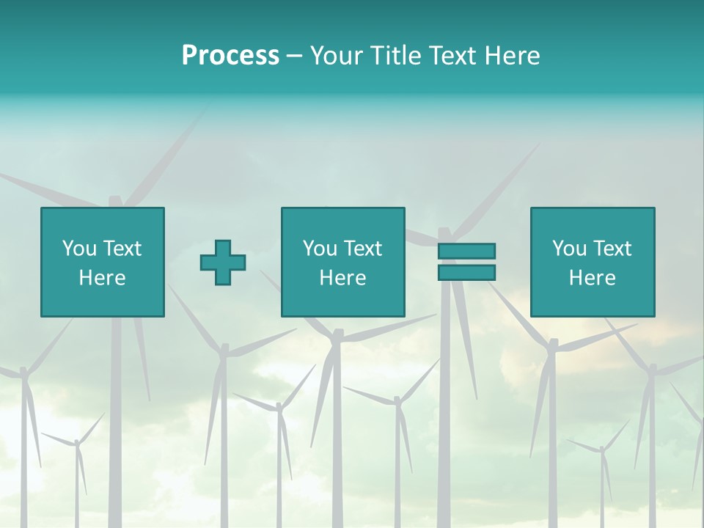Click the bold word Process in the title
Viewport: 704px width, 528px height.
[x=230, y=56]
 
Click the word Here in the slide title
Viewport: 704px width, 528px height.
[x=513, y=56]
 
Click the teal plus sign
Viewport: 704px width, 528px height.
[x=223, y=263]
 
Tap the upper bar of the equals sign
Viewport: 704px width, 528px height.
[x=466, y=251]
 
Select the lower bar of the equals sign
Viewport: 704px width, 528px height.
[x=466, y=273]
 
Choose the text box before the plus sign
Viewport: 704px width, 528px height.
[x=103, y=262]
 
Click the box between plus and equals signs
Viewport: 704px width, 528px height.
[x=342, y=262]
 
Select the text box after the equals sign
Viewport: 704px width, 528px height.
[x=592, y=262]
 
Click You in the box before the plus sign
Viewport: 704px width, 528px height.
[x=78, y=249]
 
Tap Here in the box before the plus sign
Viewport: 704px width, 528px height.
[x=103, y=278]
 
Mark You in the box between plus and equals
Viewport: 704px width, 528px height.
[x=320, y=249]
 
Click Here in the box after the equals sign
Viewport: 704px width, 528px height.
[x=592, y=278]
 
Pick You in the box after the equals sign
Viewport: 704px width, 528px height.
[x=569, y=249]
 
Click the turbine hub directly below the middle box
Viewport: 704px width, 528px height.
[x=337, y=335]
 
